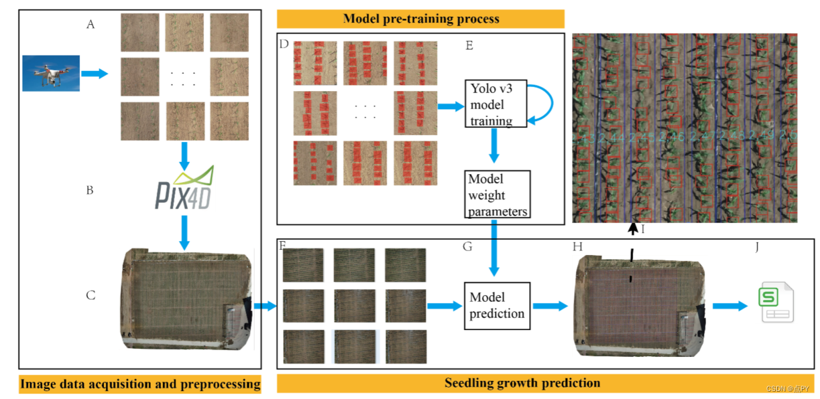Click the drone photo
point(51,73)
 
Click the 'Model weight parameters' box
point(497,195)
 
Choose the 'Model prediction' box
point(497,305)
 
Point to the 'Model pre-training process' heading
point(420,19)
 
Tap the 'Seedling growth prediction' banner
point(522,384)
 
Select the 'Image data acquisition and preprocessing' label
point(139,384)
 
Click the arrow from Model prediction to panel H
point(549,306)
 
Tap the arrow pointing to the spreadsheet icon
point(729,306)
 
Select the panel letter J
point(757,247)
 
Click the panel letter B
point(90,190)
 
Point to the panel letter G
point(467,247)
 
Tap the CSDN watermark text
point(790,388)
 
